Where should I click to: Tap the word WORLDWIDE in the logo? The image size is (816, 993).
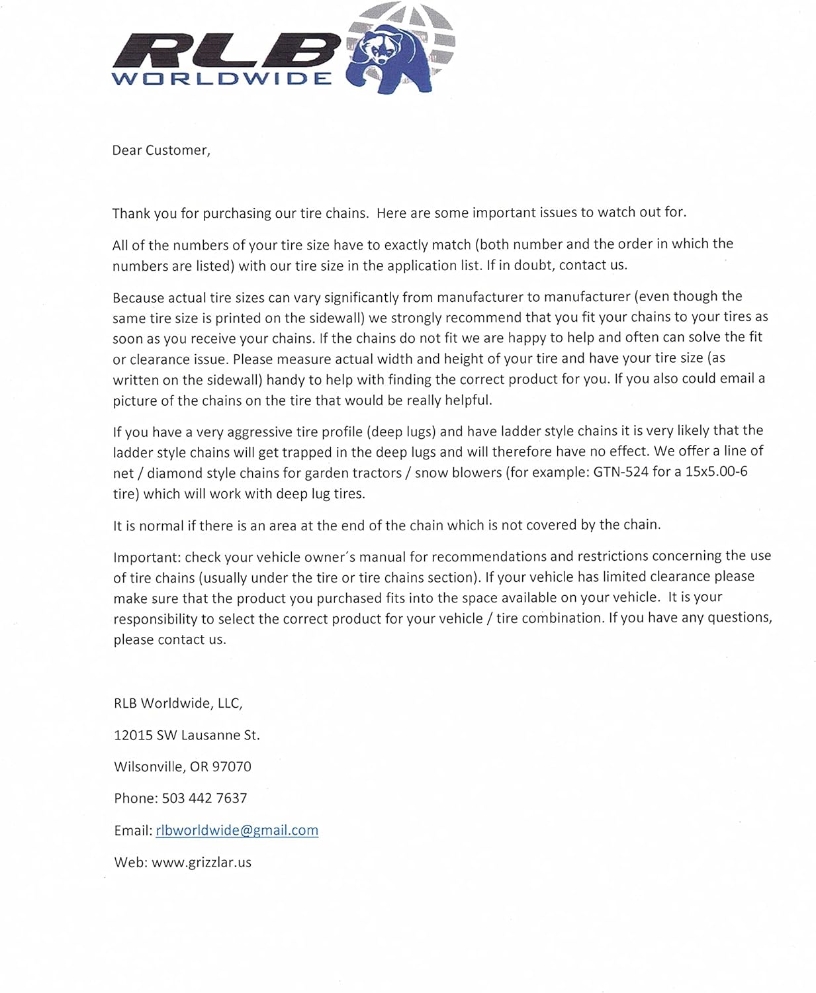[x=222, y=79]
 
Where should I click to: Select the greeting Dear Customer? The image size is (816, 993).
[x=161, y=150]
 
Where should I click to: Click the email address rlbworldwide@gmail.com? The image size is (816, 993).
[x=237, y=830]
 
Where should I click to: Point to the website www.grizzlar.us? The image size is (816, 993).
[x=201, y=862]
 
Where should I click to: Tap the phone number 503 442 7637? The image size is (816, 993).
[x=204, y=798]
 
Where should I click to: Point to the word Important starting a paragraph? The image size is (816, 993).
[x=147, y=557]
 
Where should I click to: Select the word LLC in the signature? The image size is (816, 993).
[x=229, y=703]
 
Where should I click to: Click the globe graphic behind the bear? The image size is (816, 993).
[x=433, y=26]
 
